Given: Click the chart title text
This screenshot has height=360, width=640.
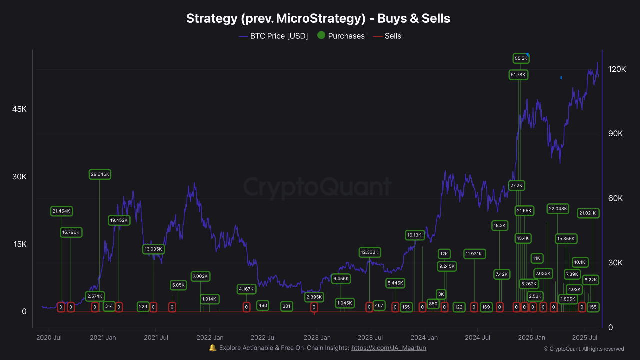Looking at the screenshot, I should click(x=318, y=19).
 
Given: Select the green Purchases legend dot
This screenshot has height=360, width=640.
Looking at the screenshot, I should click(x=321, y=35).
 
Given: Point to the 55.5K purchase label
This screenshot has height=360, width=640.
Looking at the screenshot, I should click(x=521, y=58).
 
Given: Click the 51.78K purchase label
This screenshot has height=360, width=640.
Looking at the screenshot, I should click(x=519, y=75).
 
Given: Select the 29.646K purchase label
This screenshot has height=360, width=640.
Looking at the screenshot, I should click(x=100, y=174).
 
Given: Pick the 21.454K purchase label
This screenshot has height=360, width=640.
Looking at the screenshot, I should click(x=61, y=211).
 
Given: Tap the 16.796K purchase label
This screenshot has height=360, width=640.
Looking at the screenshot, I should click(x=71, y=232).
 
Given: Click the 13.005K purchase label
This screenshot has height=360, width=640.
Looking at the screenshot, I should click(x=153, y=249).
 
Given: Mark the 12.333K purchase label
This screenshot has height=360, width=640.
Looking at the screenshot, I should click(x=370, y=252).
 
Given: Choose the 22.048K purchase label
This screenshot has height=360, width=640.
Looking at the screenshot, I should click(x=558, y=209).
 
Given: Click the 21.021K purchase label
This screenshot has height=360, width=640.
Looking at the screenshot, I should click(x=588, y=213).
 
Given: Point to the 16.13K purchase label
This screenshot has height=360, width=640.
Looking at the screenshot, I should click(x=414, y=235).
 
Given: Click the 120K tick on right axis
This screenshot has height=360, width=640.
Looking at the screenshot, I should click(x=616, y=69).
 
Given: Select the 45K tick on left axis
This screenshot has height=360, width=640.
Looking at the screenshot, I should click(x=19, y=109).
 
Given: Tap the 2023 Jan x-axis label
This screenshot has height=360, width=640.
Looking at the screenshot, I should click(x=317, y=337).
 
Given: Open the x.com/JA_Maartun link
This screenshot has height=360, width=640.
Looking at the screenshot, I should click(x=389, y=348).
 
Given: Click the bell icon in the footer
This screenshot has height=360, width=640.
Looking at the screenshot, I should click(x=213, y=348).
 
